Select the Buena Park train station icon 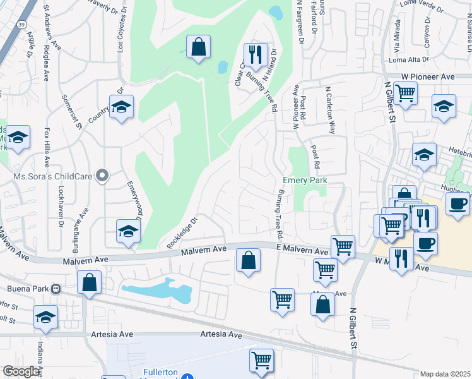point(56,289)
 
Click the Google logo point(21,371)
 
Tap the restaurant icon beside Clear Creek point(256,54)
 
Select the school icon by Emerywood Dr point(127,231)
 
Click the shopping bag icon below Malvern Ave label point(249,259)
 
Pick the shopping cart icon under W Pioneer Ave point(405,93)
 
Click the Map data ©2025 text point(445,374)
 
